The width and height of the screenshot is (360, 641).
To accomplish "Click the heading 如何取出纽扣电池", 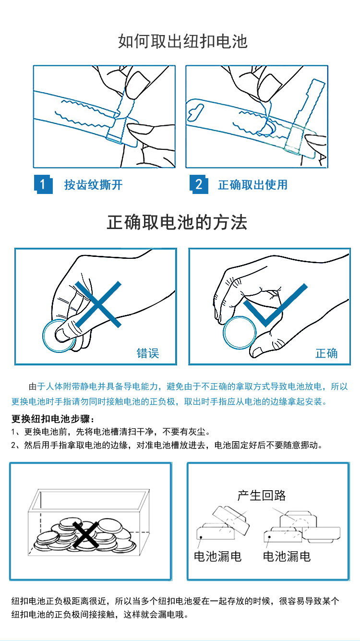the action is coord(182,41).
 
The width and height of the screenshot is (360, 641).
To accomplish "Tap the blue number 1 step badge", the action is coord(43,184).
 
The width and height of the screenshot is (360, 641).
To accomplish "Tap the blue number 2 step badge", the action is coord(199,184).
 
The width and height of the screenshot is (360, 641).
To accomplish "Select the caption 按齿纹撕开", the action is coord(93,185).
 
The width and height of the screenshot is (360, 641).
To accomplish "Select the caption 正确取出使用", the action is coord(252,185).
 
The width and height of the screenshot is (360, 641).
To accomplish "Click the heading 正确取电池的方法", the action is coord(177,222).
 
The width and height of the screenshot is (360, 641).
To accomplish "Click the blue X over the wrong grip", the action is coord(98,304).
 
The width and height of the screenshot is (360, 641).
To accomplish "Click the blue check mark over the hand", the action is coord(275,305).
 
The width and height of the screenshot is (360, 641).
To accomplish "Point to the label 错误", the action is coord(148,353).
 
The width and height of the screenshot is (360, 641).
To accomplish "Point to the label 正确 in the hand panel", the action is coord(326,353).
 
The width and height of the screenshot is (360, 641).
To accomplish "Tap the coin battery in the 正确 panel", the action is coord(240,333).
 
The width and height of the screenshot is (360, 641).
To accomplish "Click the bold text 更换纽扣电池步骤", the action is coord(52,419).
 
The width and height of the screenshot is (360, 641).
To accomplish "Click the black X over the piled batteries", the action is coord(85,534).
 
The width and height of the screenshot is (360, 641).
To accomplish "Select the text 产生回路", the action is coord(262,496).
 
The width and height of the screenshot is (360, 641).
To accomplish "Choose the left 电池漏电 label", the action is coord(218,556).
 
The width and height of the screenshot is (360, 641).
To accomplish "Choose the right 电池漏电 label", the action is coord(287,556).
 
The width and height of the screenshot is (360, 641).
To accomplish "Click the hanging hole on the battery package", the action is coord(195,112).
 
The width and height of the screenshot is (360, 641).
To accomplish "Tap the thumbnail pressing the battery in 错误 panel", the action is coord(63,335).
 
